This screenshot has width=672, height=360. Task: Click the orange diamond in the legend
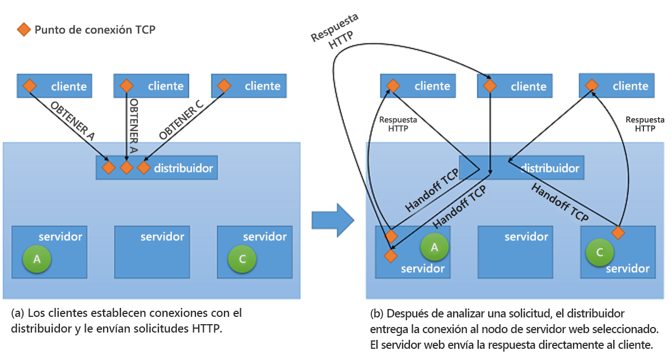point(24,30)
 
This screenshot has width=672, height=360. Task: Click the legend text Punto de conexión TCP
point(95,30)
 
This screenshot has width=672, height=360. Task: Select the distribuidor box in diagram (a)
point(157,167)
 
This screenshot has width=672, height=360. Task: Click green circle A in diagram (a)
point(37,259)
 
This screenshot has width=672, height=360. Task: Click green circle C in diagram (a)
point(242,259)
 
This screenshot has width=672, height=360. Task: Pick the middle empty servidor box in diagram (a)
point(152,252)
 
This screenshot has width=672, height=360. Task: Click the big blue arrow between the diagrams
point(333,220)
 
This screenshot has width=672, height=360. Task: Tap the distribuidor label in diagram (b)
point(550,167)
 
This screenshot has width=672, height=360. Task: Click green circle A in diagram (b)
point(435,247)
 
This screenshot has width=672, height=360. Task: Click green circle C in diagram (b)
point(600,253)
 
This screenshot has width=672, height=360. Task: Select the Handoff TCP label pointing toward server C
point(559,203)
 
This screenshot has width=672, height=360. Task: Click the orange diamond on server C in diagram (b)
point(618,232)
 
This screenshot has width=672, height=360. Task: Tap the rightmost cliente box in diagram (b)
point(617,86)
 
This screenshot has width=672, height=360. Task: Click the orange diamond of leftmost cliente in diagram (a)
point(29,86)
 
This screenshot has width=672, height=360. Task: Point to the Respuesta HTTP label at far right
point(645,124)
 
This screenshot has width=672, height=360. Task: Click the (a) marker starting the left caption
point(17,312)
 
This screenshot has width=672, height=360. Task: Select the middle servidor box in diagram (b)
point(515,252)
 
